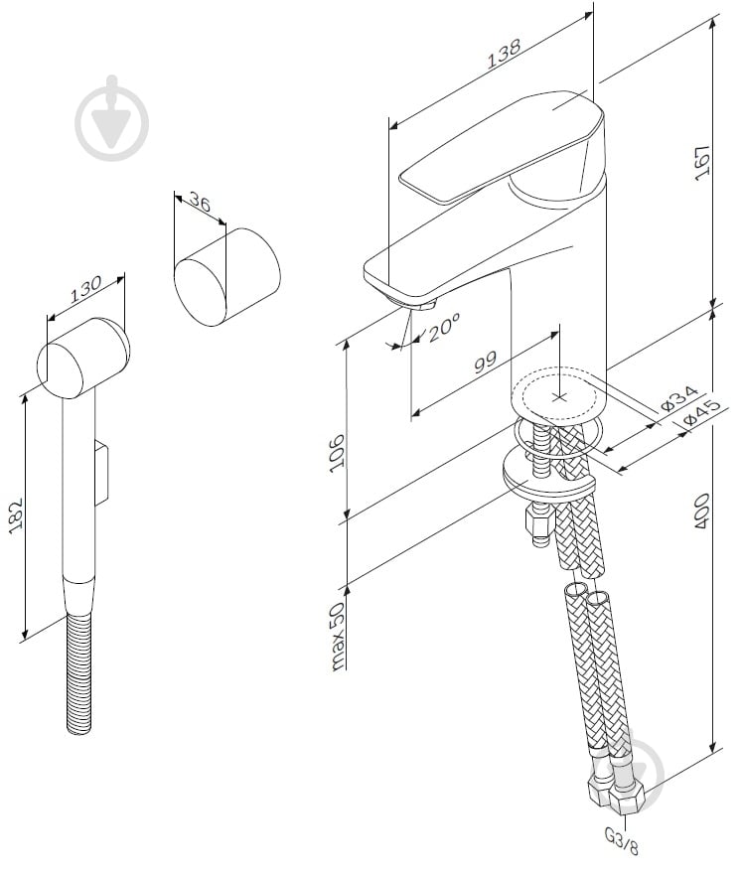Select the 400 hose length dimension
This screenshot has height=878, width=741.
[702, 511]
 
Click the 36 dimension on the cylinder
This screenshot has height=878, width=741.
[199, 205]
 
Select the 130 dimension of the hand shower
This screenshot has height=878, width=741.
[86, 288]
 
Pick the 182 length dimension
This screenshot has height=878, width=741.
[16, 515]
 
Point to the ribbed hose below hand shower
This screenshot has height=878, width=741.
[81, 675]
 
